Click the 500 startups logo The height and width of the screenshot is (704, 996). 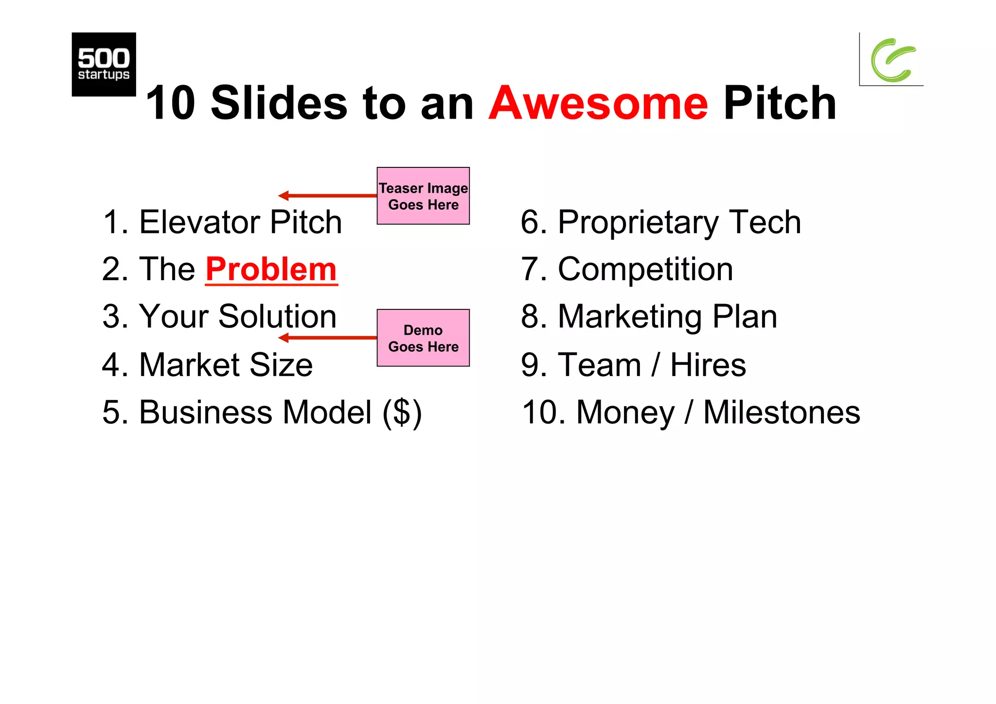(x=104, y=64)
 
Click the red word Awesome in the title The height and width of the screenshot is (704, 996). (x=598, y=103)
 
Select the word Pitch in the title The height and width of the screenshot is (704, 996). (x=780, y=103)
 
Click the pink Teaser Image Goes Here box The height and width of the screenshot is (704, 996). (x=423, y=196)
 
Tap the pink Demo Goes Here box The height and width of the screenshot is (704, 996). (x=423, y=338)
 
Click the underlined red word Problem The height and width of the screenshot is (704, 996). (x=271, y=269)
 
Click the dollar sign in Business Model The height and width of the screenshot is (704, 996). (x=402, y=413)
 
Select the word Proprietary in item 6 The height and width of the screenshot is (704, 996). (x=637, y=222)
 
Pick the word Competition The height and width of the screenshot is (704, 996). (x=645, y=269)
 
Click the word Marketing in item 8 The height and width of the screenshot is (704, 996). (x=630, y=317)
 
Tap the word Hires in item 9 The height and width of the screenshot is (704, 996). (x=708, y=365)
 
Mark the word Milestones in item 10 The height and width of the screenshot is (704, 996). (x=782, y=413)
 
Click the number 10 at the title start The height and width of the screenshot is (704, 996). (x=170, y=103)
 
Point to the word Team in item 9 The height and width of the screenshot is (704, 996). (x=599, y=365)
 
